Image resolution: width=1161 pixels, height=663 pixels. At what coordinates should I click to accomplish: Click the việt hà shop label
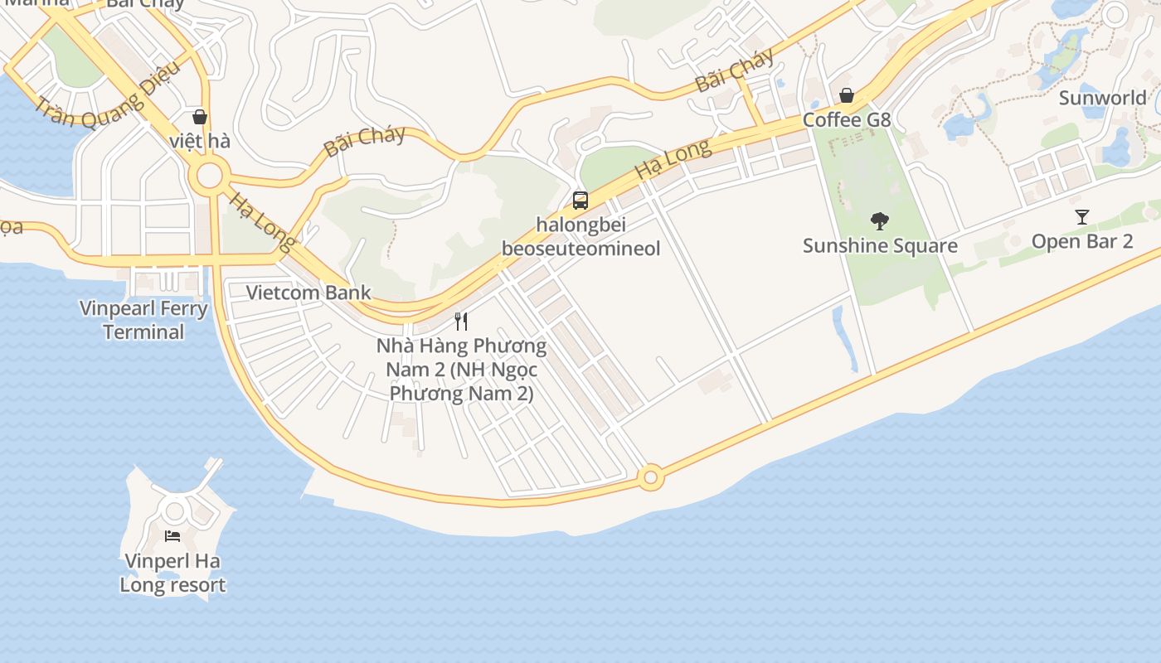tap(199, 141)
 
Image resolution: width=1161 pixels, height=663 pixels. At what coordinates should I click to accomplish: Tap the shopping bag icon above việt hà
tap(199, 117)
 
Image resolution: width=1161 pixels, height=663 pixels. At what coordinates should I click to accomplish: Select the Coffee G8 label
tap(846, 120)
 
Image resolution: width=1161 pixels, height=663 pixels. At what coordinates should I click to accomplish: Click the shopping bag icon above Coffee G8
tap(846, 95)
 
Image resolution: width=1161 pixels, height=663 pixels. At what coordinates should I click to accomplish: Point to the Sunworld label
tap(1102, 98)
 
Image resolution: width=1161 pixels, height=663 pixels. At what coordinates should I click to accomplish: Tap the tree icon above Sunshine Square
tap(880, 221)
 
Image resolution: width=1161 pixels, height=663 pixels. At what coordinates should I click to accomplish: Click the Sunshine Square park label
tap(880, 246)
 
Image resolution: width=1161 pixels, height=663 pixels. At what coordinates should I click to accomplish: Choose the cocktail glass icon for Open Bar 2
tap(1081, 218)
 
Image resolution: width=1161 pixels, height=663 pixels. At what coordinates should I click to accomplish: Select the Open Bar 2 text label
tap(1081, 241)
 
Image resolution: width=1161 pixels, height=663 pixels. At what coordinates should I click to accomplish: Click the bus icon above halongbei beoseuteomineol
tap(580, 200)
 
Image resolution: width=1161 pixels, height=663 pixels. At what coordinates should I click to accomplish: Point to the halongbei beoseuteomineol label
tap(580, 236)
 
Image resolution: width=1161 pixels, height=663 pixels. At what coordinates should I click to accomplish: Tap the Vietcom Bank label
tap(308, 293)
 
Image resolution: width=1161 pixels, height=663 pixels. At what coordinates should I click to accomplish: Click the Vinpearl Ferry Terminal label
tap(143, 320)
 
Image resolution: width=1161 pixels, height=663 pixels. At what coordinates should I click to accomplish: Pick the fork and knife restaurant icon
tap(461, 321)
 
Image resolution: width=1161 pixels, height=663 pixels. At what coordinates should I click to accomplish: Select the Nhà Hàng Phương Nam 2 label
tap(461, 369)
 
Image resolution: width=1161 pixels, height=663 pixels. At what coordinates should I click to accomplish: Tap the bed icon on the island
tap(172, 535)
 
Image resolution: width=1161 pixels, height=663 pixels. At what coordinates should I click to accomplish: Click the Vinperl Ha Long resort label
tap(172, 573)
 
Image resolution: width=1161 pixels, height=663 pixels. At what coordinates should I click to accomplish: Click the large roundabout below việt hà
tap(208, 176)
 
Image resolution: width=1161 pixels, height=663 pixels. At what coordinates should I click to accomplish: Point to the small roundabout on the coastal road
tap(650, 477)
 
